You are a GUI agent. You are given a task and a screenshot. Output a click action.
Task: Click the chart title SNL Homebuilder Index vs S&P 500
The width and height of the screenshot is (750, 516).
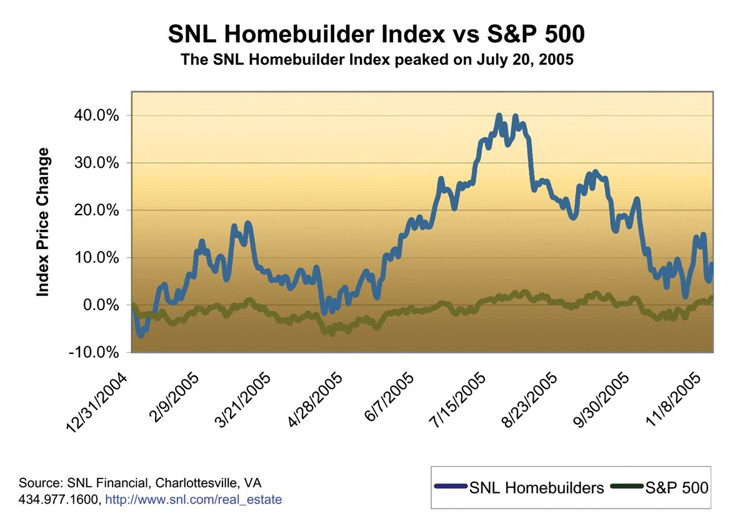pyautogui.click(x=376, y=34)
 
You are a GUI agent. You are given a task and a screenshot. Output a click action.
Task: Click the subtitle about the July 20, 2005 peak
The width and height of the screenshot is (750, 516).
pyautogui.click(x=376, y=61)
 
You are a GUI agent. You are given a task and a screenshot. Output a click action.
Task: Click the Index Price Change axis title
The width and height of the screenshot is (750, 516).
pyautogui.click(x=43, y=222)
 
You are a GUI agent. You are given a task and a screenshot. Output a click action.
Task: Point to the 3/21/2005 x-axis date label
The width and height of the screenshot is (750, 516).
pyautogui.click(x=244, y=400)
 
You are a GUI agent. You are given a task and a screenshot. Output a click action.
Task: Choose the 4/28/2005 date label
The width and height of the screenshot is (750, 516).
pyautogui.click(x=316, y=400)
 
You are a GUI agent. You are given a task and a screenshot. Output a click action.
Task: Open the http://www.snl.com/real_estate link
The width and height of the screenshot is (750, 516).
pyautogui.click(x=193, y=500)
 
